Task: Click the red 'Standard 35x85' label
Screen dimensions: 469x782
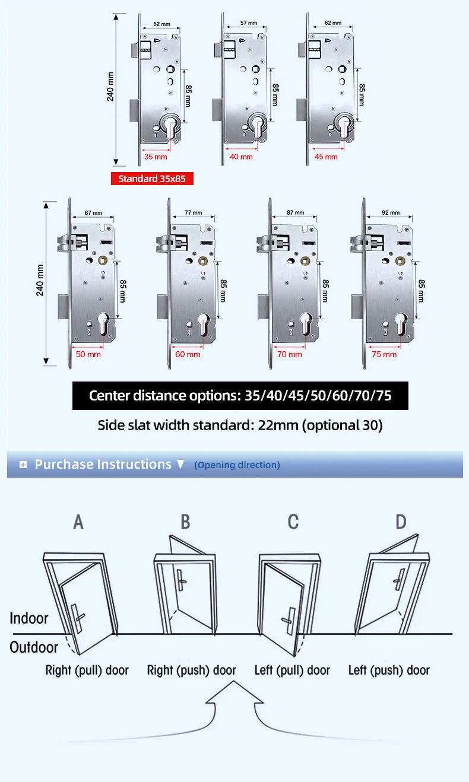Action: (x=152, y=179)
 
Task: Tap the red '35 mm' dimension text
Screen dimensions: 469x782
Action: (x=156, y=157)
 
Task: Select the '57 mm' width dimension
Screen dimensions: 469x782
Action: (x=249, y=23)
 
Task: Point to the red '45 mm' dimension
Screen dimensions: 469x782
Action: (x=326, y=157)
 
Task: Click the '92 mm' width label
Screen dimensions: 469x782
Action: (x=391, y=212)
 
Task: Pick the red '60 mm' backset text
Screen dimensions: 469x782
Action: (x=188, y=354)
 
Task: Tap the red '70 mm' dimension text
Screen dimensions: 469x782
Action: (x=290, y=354)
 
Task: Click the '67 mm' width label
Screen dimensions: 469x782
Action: (x=93, y=213)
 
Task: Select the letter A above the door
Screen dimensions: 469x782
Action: (x=78, y=522)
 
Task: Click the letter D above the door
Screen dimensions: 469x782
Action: (x=401, y=522)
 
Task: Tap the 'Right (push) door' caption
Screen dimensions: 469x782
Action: (x=191, y=670)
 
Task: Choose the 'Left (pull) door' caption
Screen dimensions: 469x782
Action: (x=292, y=670)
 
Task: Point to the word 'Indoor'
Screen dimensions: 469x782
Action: (x=29, y=618)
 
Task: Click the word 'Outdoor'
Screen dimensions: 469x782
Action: (x=34, y=647)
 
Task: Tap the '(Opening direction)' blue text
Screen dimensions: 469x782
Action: (x=237, y=465)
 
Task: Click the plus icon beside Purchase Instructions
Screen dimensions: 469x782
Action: (x=23, y=465)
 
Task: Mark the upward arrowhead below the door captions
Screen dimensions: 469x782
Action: (x=234, y=692)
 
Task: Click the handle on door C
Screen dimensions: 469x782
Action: (x=290, y=621)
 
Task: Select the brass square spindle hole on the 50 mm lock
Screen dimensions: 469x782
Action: (x=103, y=260)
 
